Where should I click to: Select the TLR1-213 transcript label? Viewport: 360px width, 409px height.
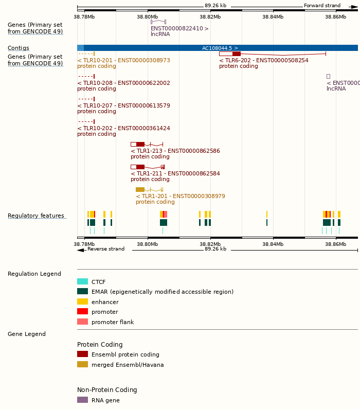click(175, 151)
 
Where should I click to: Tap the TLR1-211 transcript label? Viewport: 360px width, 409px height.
click(175, 173)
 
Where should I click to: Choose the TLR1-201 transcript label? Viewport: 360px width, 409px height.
click(180, 196)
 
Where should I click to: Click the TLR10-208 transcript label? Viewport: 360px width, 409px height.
click(123, 83)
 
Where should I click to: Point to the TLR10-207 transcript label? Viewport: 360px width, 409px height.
click(123, 105)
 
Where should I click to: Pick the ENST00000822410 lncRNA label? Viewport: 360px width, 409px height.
click(179, 28)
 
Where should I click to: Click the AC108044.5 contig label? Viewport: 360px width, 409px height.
click(220, 48)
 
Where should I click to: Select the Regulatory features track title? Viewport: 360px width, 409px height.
click(36, 216)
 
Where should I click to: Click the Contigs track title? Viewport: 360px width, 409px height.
click(19, 48)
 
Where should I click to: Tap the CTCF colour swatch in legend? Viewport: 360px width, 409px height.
click(82, 282)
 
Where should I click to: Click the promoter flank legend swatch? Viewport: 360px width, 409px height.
click(82, 322)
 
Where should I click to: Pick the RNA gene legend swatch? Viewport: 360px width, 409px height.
click(82, 400)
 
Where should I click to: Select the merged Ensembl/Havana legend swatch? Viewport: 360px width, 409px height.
click(82, 365)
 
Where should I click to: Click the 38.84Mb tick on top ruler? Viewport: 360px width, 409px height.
click(273, 16)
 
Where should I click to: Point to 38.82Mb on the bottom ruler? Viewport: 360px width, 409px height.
click(210, 244)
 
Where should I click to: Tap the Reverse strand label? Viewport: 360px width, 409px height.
click(105, 249)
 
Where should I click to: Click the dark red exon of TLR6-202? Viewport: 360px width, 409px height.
click(237, 54)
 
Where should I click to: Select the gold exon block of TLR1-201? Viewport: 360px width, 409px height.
click(140, 189)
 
